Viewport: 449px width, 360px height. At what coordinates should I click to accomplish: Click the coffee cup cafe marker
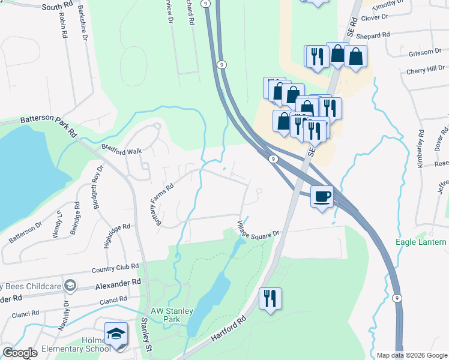[322, 196]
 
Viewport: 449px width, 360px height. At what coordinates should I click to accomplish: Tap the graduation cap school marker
[116, 334]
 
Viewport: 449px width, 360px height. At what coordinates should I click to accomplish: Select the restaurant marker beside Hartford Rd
[270, 298]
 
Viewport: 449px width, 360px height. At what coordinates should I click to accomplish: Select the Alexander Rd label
[120, 281]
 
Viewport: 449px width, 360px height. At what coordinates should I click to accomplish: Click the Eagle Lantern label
[421, 242]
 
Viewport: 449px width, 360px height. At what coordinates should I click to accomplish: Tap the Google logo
[20, 353]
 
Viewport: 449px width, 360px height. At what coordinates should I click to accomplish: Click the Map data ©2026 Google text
[411, 355]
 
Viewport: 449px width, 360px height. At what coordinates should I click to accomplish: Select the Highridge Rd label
[116, 233]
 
